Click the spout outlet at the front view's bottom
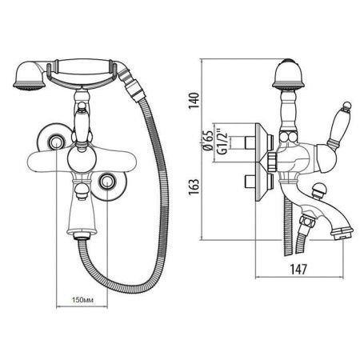81,234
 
